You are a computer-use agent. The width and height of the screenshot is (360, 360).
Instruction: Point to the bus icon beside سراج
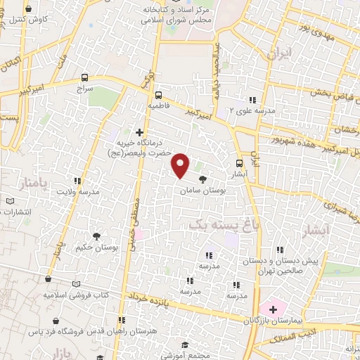tap(84, 78)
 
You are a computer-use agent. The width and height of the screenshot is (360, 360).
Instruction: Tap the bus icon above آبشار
tap(240, 159)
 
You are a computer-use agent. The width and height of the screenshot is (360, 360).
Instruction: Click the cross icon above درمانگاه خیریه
tap(139, 131)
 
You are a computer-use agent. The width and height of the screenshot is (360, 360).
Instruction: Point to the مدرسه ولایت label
tap(79, 192)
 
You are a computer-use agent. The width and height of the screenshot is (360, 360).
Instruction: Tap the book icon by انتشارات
tap(10, 202)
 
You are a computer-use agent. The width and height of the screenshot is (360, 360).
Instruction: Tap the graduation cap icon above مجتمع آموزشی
tap(184, 345)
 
